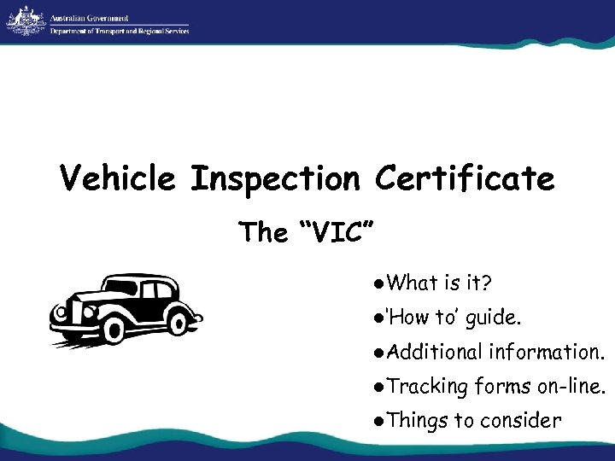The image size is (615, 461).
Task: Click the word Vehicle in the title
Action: pyautogui.click(x=117, y=179)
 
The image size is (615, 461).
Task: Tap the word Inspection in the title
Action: pyautogui.click(x=277, y=179)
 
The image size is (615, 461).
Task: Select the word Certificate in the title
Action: pyautogui.click(x=465, y=179)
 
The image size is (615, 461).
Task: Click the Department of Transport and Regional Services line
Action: pyautogui.click(x=120, y=31)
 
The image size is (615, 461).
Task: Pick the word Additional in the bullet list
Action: pyautogui.click(x=434, y=352)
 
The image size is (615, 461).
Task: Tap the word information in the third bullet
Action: pyautogui.click(x=546, y=352)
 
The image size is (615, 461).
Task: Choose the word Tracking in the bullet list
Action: pyautogui.click(x=428, y=386)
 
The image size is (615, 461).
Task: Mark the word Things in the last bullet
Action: pyautogui.click(x=418, y=420)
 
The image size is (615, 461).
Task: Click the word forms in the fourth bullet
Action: pyautogui.click(x=503, y=386)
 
